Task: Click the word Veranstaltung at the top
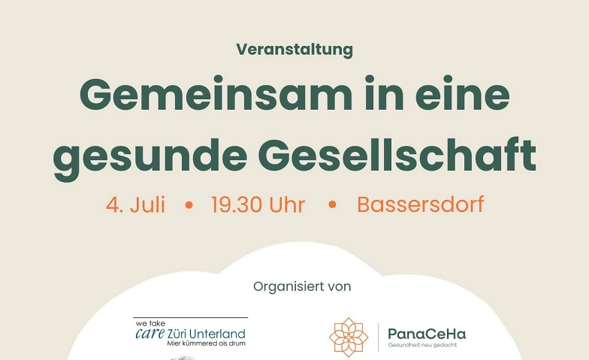click(294, 50)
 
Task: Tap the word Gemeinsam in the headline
click(216, 93)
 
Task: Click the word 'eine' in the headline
click(463, 93)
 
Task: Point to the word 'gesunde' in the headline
click(150, 157)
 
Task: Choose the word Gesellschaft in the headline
click(397, 154)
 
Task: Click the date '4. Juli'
click(135, 204)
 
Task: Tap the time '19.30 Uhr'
click(258, 204)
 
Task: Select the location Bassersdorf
click(421, 204)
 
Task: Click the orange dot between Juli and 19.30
click(189, 205)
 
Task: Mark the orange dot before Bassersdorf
click(332, 205)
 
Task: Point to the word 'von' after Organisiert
click(340, 287)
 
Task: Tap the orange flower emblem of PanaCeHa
click(349, 337)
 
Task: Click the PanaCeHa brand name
click(427, 334)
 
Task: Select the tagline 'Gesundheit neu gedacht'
click(422, 345)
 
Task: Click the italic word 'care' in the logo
click(150, 333)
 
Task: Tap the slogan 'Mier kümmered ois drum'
click(206, 343)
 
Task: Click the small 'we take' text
click(150, 323)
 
